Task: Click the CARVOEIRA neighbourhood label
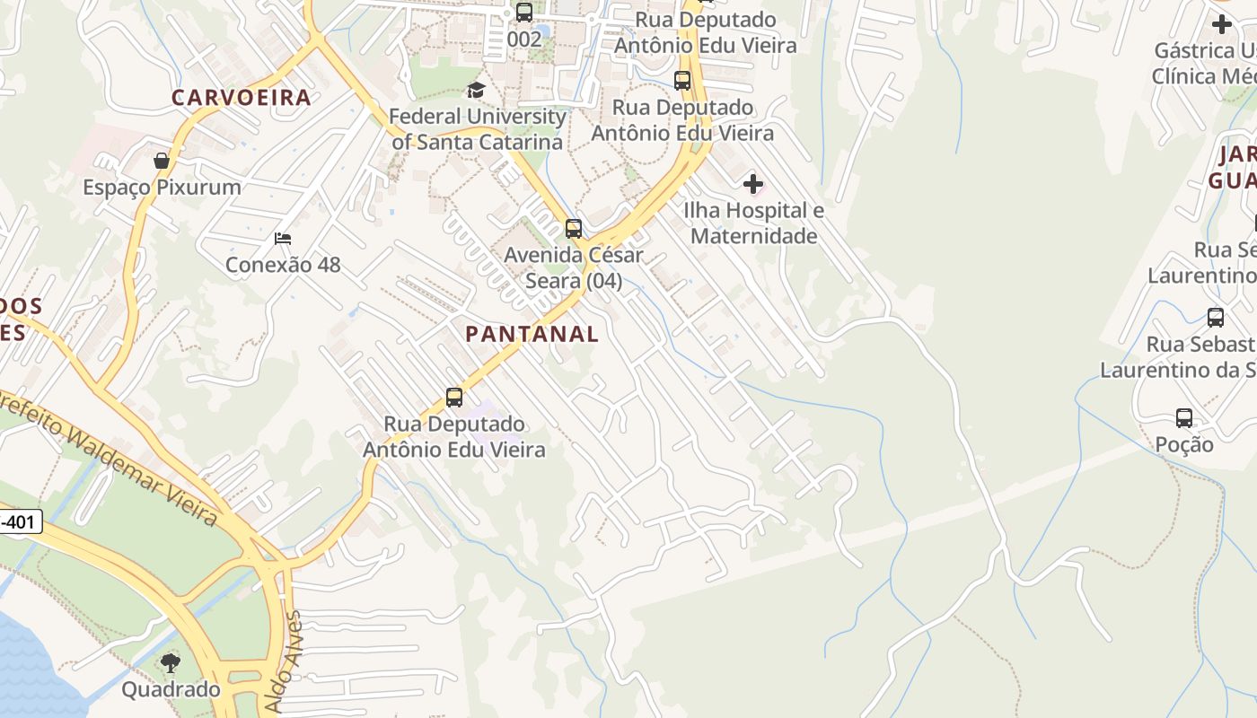241,98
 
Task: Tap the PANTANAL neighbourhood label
532,334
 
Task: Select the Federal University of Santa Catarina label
478,129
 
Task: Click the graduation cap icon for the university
476,90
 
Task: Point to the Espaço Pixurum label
162,188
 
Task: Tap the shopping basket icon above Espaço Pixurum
162,161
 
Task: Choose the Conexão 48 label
283,265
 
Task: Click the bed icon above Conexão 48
283,239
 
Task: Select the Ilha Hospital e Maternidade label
754,223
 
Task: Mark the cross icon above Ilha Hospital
753,185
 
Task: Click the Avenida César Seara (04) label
574,267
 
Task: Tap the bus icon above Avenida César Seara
574,229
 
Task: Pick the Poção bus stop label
1184,444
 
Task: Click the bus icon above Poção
1184,418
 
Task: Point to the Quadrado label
171,689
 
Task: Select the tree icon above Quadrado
171,663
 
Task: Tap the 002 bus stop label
524,39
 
